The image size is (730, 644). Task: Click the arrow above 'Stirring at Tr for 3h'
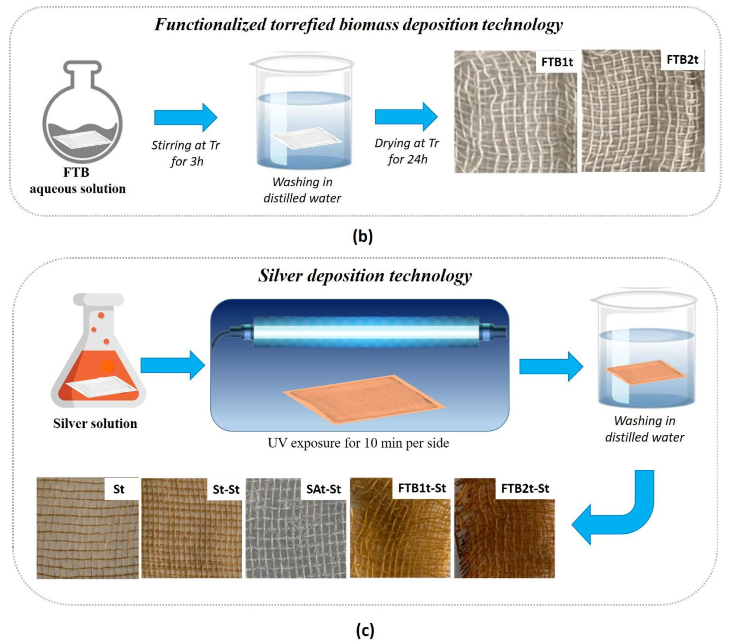click(x=186, y=117)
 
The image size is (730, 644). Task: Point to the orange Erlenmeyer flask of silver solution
click(x=98, y=360)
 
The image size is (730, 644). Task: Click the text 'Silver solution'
click(x=95, y=424)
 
